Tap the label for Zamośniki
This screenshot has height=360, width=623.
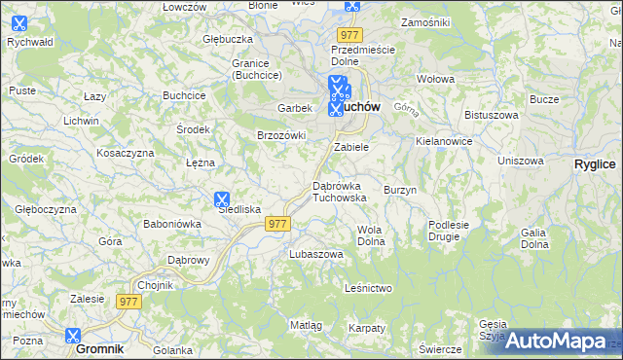tap(423, 21)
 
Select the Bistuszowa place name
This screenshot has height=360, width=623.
tap(492, 115)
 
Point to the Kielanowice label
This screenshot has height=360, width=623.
tap(443, 141)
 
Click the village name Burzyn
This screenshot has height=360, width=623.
tap(400, 190)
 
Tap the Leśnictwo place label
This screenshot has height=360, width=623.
tap(368, 288)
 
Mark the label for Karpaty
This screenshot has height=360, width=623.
tap(366, 328)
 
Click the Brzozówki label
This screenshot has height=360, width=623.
tap(281, 135)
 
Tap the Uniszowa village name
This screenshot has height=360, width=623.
tap(519, 161)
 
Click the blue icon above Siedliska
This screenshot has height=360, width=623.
tap(222, 198)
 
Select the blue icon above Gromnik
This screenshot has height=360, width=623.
tap(73, 336)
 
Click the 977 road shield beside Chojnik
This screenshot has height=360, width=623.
tap(129, 302)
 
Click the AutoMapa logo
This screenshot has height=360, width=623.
tap(555, 341)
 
